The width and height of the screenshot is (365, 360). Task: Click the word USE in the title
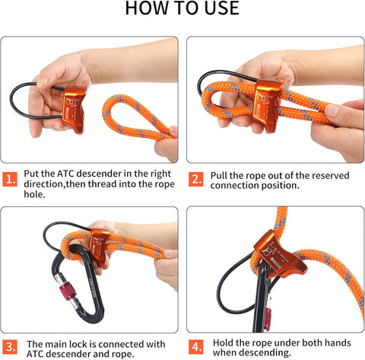click(x=221, y=8)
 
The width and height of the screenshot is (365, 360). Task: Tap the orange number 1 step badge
click(x=10, y=179)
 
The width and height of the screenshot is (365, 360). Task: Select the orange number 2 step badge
click(x=195, y=179)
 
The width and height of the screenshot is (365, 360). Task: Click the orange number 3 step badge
click(x=10, y=346)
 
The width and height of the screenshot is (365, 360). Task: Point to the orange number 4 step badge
click(x=196, y=346)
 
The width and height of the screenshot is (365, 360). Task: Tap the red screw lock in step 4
click(x=268, y=319)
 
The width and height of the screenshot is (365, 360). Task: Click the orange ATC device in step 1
click(x=74, y=110)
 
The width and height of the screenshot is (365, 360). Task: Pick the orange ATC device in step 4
click(x=279, y=255)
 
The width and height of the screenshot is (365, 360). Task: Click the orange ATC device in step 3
click(x=100, y=246)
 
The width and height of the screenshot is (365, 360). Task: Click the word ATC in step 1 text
click(x=65, y=174)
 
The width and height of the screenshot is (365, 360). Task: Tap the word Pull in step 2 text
click(x=218, y=175)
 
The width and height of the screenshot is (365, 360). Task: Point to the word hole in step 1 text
click(x=34, y=194)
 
